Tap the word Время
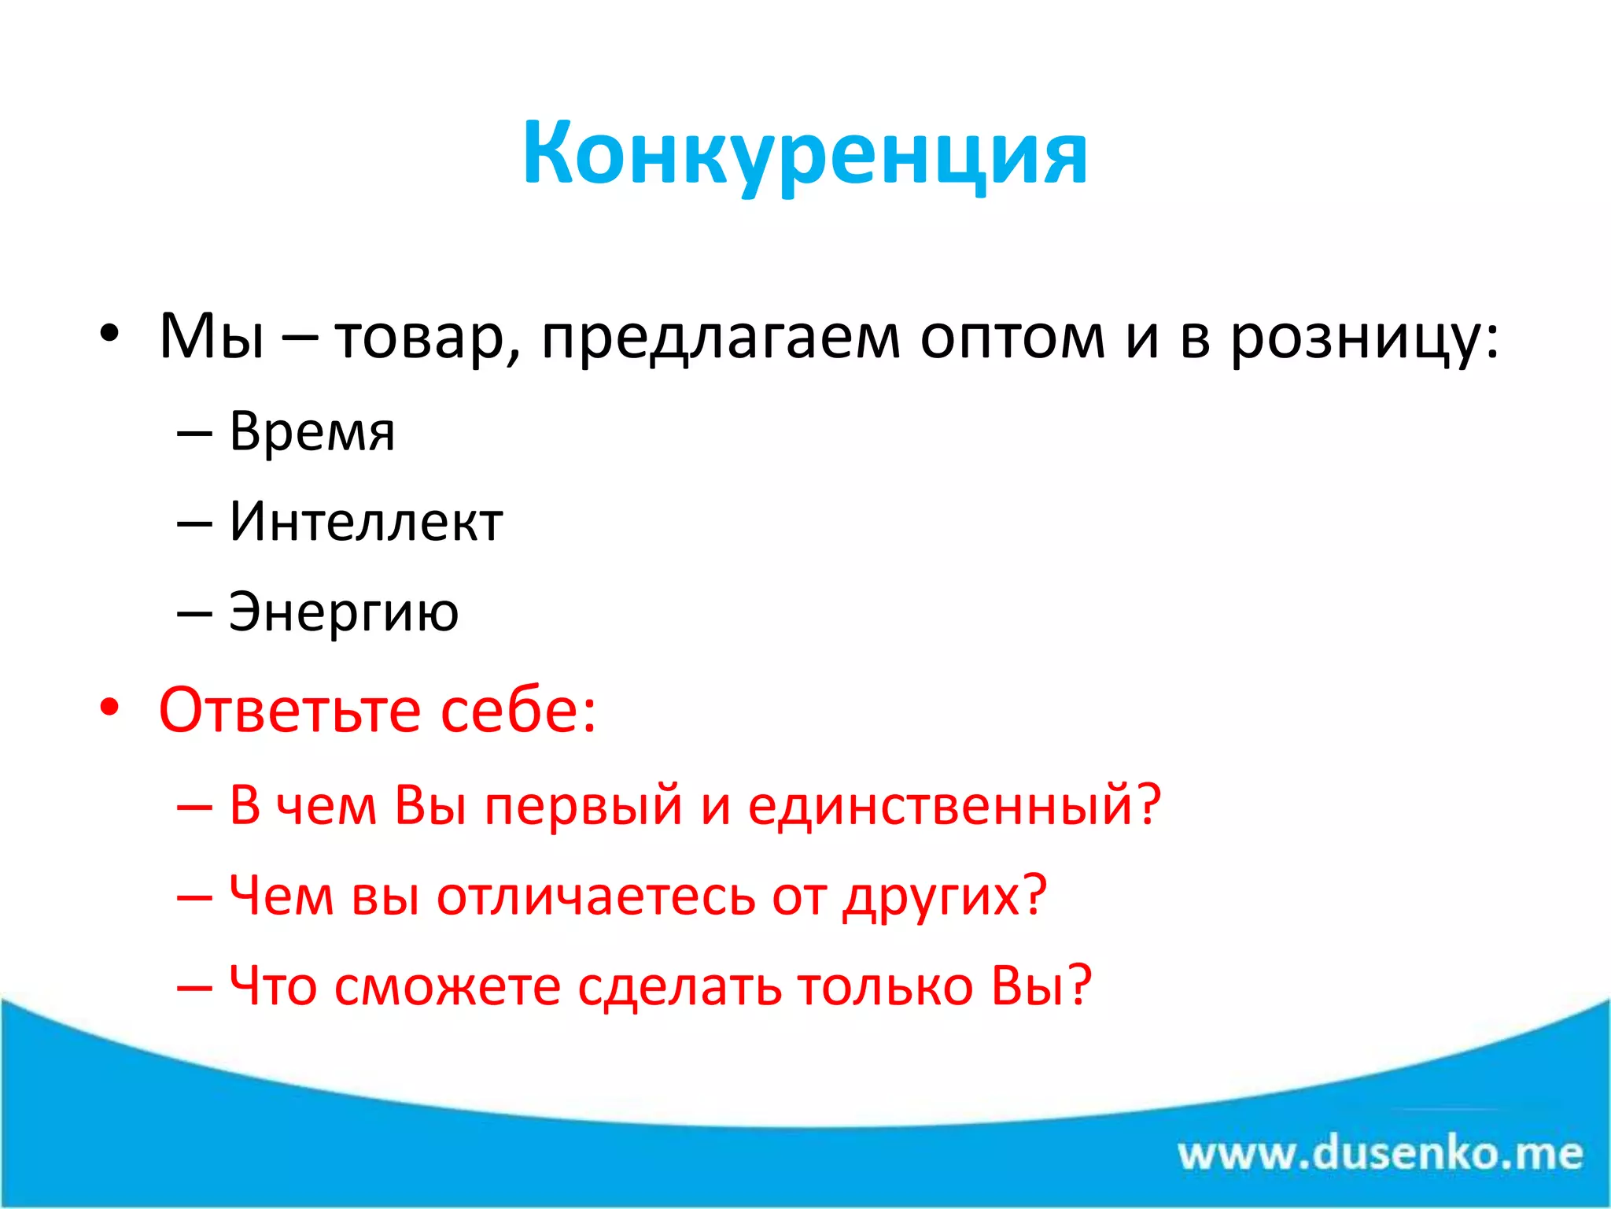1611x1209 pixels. point(312,431)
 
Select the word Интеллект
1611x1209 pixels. point(366,522)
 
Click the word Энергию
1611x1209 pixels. point(344,612)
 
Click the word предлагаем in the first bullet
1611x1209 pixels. point(720,337)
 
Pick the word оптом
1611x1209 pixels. point(1012,337)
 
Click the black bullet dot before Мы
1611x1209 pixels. point(109,334)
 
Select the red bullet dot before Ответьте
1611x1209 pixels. point(109,707)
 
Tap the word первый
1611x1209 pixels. point(583,805)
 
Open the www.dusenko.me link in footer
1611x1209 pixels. point(1380,1154)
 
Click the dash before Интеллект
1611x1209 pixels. point(194,523)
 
